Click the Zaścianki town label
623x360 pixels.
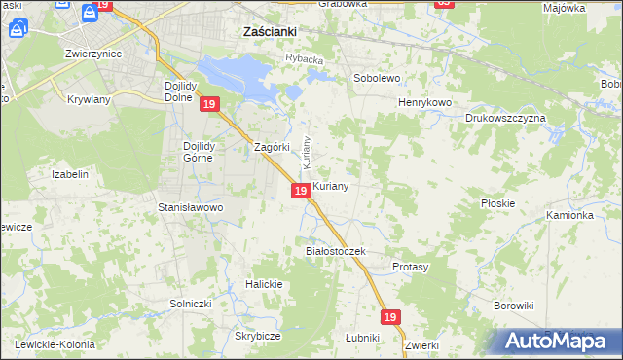point(269,31)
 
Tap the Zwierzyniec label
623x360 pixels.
point(92,54)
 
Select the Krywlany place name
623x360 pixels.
point(91,99)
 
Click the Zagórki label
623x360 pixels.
point(272,147)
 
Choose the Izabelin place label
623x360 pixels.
point(70,174)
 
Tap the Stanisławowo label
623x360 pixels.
point(191,207)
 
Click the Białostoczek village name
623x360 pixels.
point(335,251)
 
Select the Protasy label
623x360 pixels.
point(410,266)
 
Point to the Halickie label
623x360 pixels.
point(264,284)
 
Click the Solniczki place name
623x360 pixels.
point(191,305)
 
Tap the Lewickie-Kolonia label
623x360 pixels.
point(54,344)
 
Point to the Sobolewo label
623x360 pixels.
point(377,77)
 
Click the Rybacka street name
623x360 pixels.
point(304,59)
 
